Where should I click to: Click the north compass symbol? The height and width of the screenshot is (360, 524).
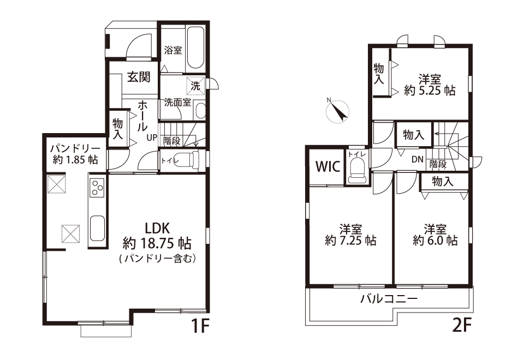tap(337, 111)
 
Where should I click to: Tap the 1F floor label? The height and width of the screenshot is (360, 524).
tap(200, 326)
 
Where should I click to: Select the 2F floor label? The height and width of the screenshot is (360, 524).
tap(462, 326)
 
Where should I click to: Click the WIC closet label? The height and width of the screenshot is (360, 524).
tap(328, 166)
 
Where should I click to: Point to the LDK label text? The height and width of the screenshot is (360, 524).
tap(157, 228)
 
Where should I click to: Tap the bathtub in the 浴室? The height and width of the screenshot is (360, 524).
tap(195, 48)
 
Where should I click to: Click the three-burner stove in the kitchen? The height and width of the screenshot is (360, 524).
tap(98, 188)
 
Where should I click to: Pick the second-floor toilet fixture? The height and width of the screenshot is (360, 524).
tap(356, 171)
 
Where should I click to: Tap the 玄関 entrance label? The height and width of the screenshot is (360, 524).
tap(139, 77)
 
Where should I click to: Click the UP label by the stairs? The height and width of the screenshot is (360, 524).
tap(151, 137)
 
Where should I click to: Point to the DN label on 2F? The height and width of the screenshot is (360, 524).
tap(418, 160)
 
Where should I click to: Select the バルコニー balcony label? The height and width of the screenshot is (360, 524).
tap(389, 298)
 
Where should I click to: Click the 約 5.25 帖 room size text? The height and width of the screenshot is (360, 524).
tap(430, 91)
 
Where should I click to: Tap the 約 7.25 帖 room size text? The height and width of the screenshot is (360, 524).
tap(350, 241)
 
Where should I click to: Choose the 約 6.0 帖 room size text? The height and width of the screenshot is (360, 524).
tap(435, 241)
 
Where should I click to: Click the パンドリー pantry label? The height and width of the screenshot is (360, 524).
tap(75, 148)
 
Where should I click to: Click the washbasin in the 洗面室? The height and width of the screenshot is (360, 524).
tap(200, 111)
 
